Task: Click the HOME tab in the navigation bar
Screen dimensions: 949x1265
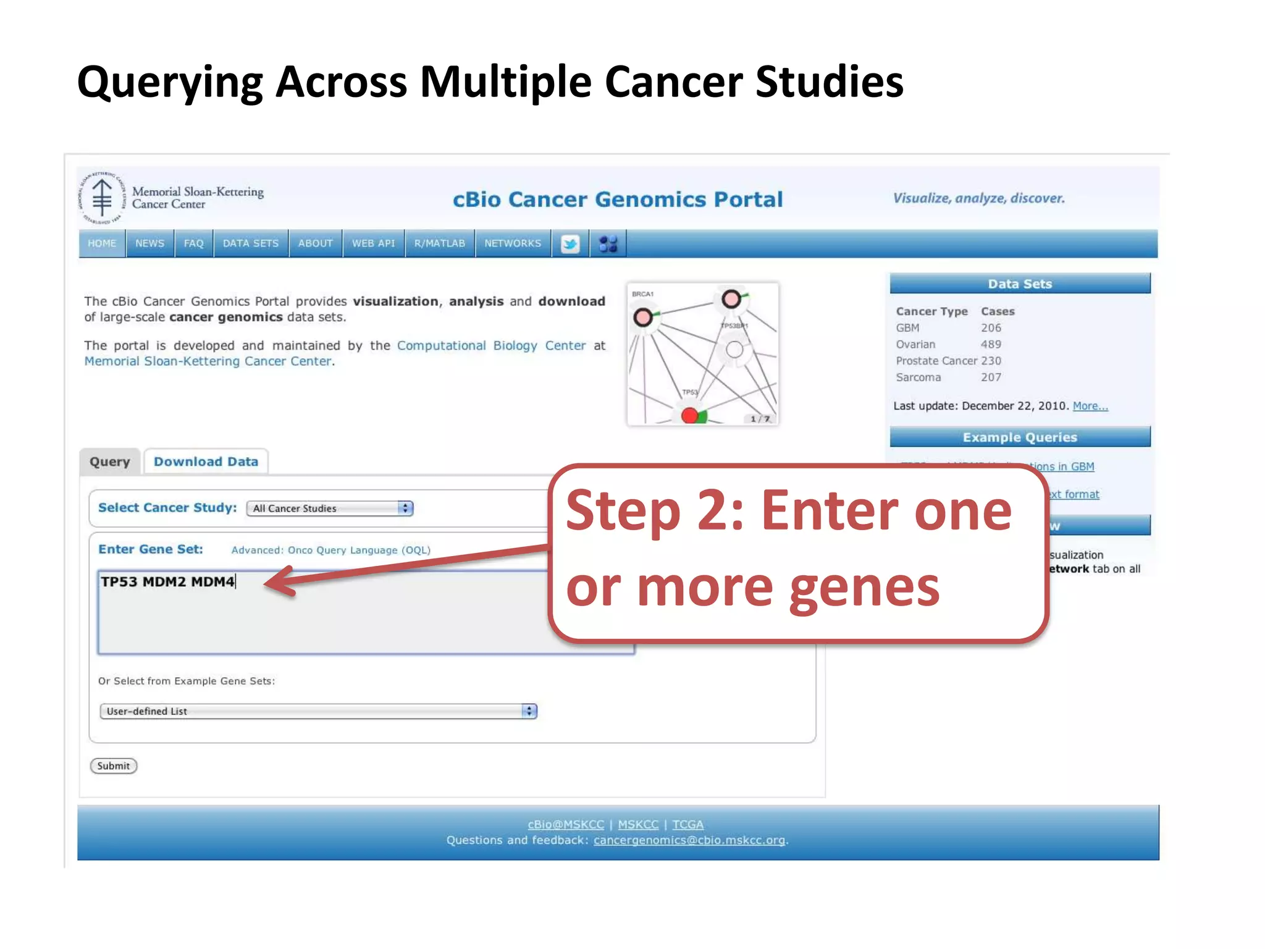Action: click(x=102, y=243)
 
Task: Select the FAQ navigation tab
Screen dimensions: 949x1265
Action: click(x=193, y=243)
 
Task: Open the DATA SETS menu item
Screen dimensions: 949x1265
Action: click(x=251, y=243)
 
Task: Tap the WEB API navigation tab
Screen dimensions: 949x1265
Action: click(x=373, y=243)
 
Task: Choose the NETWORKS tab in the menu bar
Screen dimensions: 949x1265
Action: click(x=513, y=243)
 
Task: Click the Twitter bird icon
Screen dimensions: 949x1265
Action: click(x=570, y=244)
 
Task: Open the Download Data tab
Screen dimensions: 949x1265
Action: click(x=206, y=462)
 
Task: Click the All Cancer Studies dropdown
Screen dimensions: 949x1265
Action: click(x=330, y=508)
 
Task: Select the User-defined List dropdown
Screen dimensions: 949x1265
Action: click(x=318, y=711)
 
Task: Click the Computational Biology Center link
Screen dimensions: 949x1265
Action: click(x=491, y=345)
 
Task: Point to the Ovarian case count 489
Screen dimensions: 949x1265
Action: click(x=991, y=344)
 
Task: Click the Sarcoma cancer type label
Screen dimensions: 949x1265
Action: click(x=918, y=377)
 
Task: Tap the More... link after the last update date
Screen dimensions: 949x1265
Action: click(x=1090, y=406)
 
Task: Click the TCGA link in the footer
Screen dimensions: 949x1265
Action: click(x=687, y=824)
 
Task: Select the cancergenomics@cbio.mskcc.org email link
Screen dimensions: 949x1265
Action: click(x=689, y=840)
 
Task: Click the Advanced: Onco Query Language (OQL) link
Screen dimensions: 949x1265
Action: click(x=331, y=550)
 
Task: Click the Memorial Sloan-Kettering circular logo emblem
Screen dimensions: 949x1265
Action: click(x=103, y=198)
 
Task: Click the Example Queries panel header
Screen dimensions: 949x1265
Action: click(x=1020, y=437)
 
